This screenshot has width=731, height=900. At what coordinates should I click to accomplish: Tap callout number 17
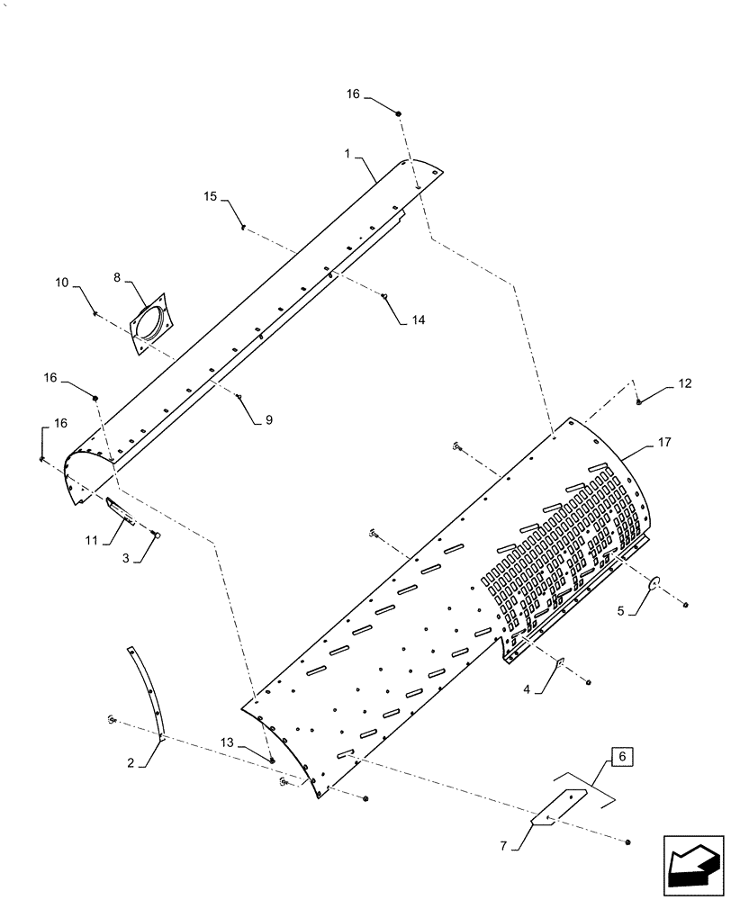[664, 442]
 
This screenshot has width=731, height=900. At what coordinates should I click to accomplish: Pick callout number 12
[685, 383]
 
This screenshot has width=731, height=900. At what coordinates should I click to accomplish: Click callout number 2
[131, 762]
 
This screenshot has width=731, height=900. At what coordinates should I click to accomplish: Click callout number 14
[417, 319]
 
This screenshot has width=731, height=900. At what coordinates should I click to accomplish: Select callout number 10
[61, 283]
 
